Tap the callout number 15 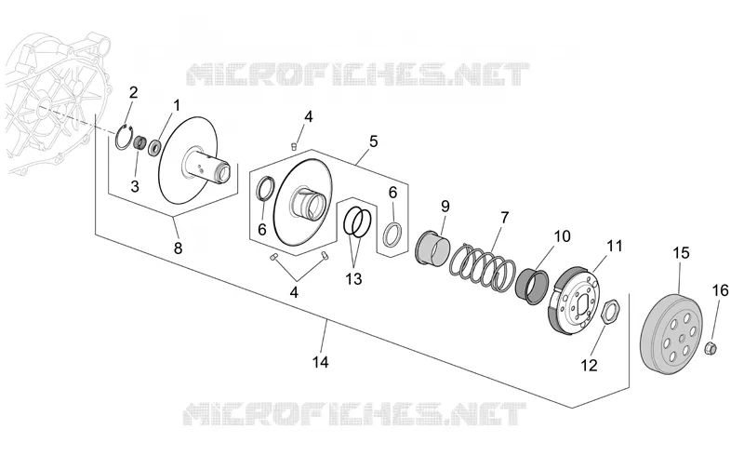[x=681, y=253]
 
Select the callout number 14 [x=320, y=362]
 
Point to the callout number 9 [x=445, y=207]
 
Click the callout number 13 [x=353, y=279]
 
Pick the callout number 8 [x=178, y=248]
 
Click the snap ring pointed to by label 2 [x=123, y=138]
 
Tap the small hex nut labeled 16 [x=711, y=348]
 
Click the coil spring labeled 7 [x=483, y=266]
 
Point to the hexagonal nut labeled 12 [x=608, y=312]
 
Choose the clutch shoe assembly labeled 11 [x=573, y=301]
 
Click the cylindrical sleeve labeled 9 [x=432, y=247]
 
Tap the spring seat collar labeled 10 [x=534, y=286]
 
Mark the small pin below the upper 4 [x=294, y=146]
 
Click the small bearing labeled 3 [x=139, y=142]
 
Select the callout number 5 [x=374, y=141]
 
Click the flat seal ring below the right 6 [x=392, y=234]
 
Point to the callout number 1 [x=177, y=105]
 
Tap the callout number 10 [x=562, y=236]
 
